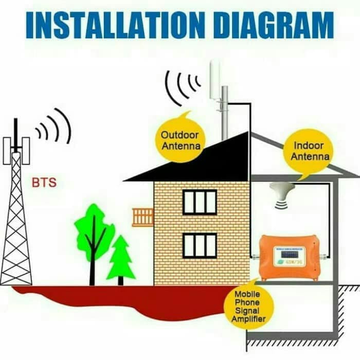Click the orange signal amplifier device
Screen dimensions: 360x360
tap(288, 257)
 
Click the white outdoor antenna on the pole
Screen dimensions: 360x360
tap(215, 80)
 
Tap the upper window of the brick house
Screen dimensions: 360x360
tap(200, 202)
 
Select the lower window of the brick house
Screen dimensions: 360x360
tap(200, 245)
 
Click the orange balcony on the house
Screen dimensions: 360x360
tap(143, 217)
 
